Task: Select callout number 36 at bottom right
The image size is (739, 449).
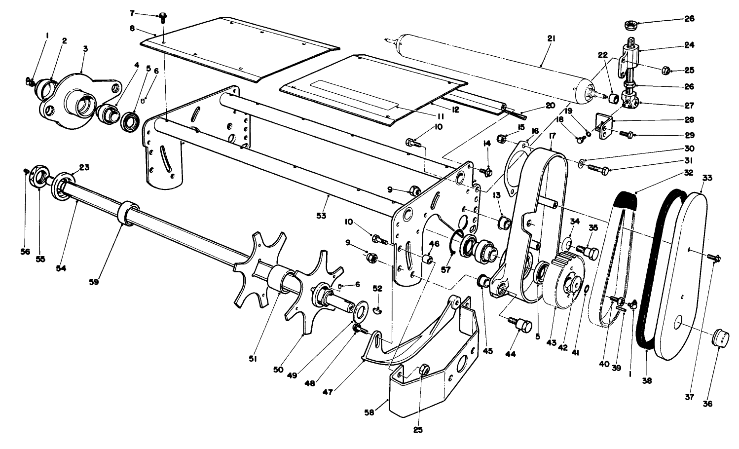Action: [708, 403]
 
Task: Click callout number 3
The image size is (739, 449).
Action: [85, 50]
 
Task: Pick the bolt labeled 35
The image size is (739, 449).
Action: [590, 253]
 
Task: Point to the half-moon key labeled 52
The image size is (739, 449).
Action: [377, 310]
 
